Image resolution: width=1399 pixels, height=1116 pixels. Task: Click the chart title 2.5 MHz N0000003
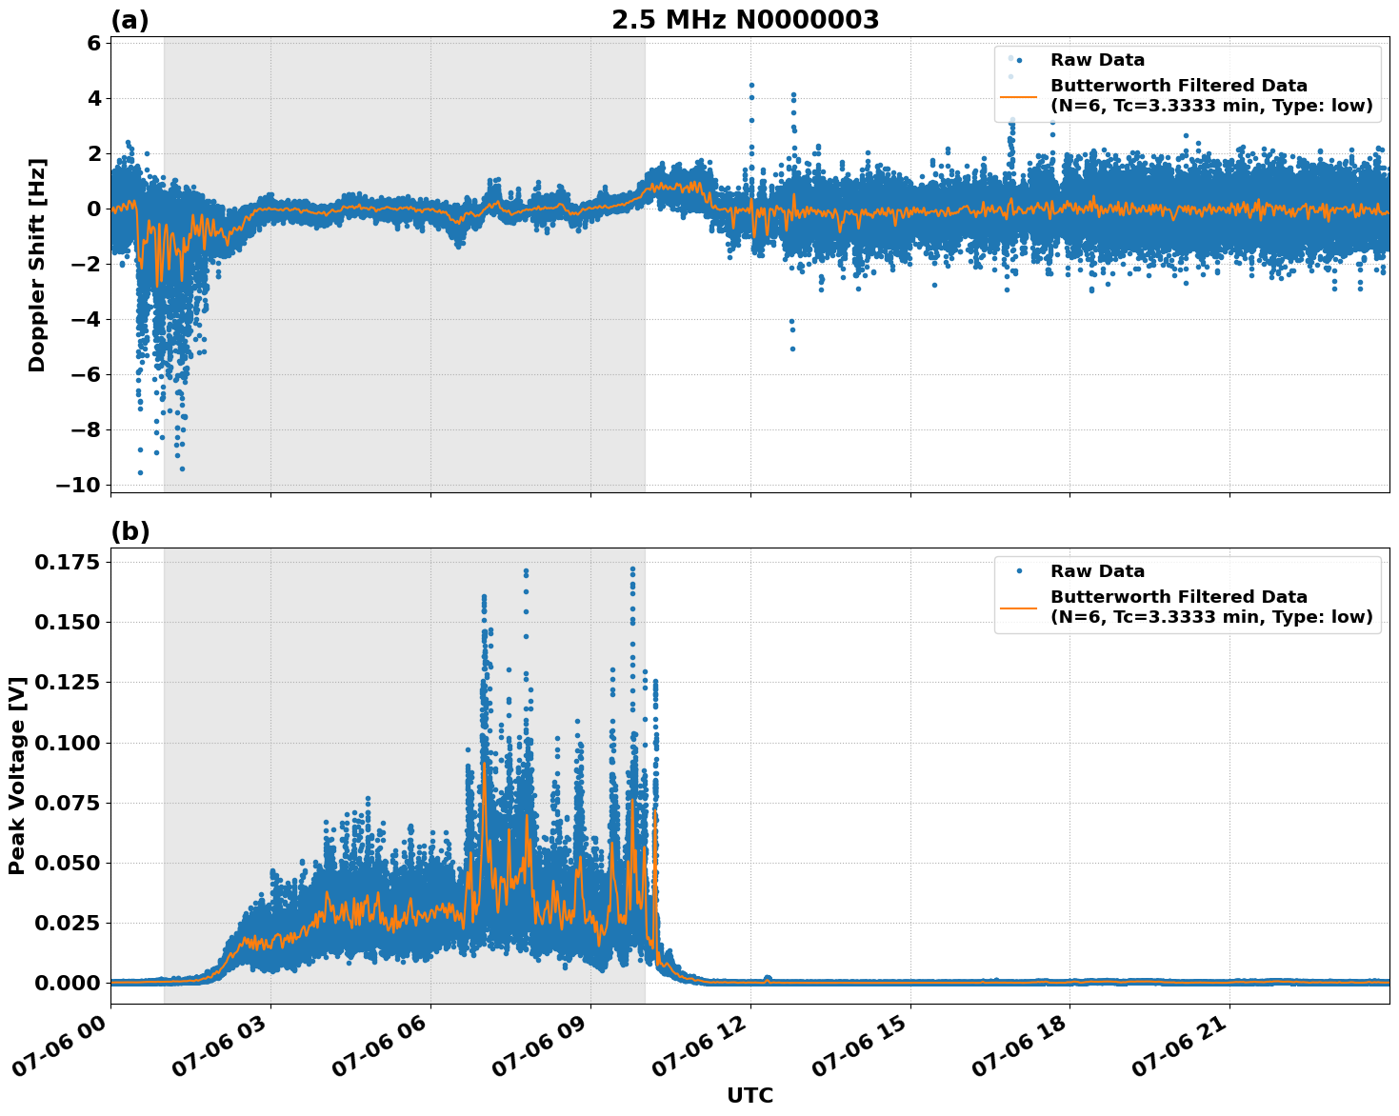pos(745,20)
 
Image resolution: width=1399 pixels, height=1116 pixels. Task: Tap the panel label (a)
pos(130,20)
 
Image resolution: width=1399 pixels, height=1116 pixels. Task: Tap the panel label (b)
pos(130,531)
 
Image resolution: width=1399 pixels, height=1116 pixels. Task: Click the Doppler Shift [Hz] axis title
pos(37,265)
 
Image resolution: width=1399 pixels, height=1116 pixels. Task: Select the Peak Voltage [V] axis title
pos(17,775)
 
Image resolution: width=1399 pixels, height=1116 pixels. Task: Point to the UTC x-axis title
pos(749,1095)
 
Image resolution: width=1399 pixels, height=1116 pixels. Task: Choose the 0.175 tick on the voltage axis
pos(67,563)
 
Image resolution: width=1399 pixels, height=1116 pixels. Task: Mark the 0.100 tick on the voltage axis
pos(67,743)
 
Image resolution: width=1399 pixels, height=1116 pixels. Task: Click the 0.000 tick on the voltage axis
pos(67,983)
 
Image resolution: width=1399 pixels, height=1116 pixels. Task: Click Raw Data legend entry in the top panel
pos(1097,60)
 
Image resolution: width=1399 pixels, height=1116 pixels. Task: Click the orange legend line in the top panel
pos(1018,96)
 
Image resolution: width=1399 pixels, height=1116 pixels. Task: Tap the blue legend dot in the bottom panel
pos(1018,571)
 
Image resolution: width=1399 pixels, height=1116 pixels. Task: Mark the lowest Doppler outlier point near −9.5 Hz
pos(140,472)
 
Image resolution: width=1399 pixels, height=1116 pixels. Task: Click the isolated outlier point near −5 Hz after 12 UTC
pos(792,349)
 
